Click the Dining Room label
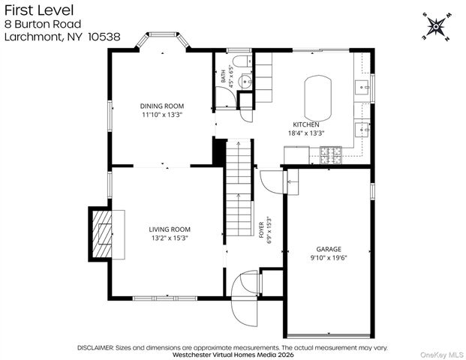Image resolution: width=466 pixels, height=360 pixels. pos(162,106)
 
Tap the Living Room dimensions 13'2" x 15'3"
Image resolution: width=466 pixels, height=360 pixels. pos(170,238)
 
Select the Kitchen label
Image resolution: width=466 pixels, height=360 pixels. pos(306,124)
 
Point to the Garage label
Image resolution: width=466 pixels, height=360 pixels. pos(329,249)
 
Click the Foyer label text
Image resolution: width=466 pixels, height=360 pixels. pos(261,230)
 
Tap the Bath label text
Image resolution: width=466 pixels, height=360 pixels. pos(223,76)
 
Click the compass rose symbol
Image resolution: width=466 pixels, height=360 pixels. pos(436,27)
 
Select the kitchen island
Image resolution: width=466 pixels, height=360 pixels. pos(317,97)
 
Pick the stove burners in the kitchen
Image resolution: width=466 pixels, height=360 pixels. pos(331,155)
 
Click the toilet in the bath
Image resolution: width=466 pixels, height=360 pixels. pos(242,61)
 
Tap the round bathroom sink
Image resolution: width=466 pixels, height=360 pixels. pos(246,81)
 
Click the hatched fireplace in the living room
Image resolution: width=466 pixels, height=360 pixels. pos(101,234)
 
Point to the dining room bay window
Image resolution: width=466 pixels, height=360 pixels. pos(163,40)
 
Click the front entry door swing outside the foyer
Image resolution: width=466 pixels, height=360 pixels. pos(245,313)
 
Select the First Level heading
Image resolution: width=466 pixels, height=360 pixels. pos(39,10)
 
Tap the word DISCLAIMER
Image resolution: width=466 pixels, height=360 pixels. pos(95,348)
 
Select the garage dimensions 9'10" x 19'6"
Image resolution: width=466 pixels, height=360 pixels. pos(329,258)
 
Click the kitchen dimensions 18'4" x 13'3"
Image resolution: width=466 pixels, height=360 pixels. pos(306,133)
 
